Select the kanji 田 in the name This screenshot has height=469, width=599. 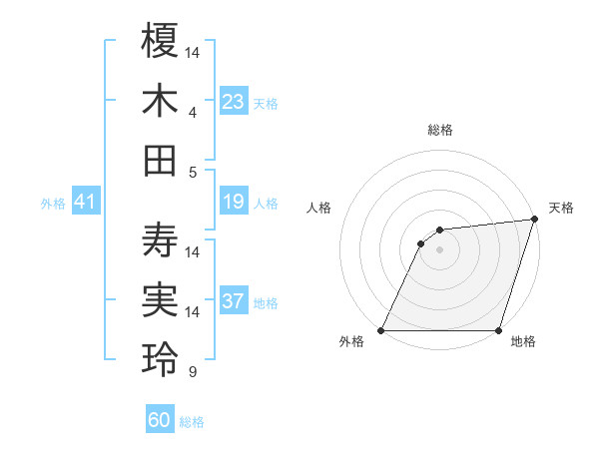(x=161, y=160)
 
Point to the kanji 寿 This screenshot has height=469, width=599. (x=161, y=239)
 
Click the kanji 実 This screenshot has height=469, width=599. (x=161, y=299)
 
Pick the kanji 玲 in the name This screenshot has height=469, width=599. (x=161, y=359)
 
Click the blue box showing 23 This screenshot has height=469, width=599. (x=234, y=102)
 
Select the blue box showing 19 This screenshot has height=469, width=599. (x=234, y=203)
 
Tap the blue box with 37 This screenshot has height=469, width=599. (x=234, y=302)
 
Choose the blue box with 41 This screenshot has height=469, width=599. (x=85, y=203)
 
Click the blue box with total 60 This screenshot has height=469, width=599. (x=160, y=420)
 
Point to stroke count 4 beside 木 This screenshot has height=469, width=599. (x=193, y=112)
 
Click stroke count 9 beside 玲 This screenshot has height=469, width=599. (x=193, y=372)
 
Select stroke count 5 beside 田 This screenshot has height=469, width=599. (x=193, y=172)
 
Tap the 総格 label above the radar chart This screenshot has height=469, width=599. (x=440, y=130)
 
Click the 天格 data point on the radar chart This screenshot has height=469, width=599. (x=535, y=220)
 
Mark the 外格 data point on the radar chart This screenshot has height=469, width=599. (x=381, y=330)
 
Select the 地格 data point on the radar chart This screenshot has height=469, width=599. (x=499, y=330)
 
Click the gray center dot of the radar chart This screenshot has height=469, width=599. (x=439, y=249)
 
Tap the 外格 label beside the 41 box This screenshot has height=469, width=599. (x=53, y=204)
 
